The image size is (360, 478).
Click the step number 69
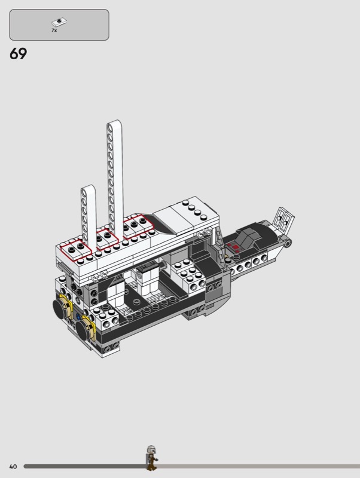[19, 54]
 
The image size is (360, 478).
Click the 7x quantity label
[54, 30]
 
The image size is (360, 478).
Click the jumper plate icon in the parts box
[59, 22]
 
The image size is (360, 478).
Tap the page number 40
[13, 467]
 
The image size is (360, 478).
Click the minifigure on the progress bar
[151, 458]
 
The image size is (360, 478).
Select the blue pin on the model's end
[78, 317]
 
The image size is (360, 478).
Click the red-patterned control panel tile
[233, 246]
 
